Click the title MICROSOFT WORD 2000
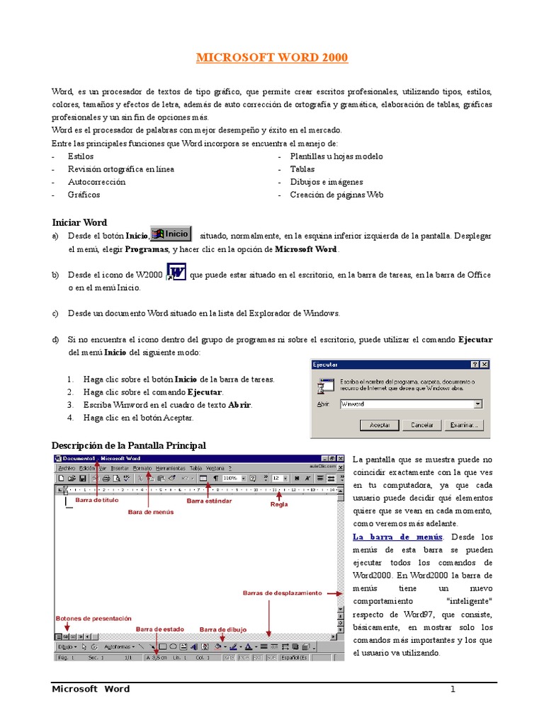click(271, 57)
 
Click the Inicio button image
click(171, 234)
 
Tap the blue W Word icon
click(176, 273)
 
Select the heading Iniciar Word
click(79, 222)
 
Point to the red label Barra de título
click(97, 501)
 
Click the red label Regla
click(279, 505)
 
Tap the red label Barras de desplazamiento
click(282, 593)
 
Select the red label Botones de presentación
click(84, 618)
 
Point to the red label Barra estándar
click(209, 501)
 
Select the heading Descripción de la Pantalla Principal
click(129, 445)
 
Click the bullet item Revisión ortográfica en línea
click(120, 169)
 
